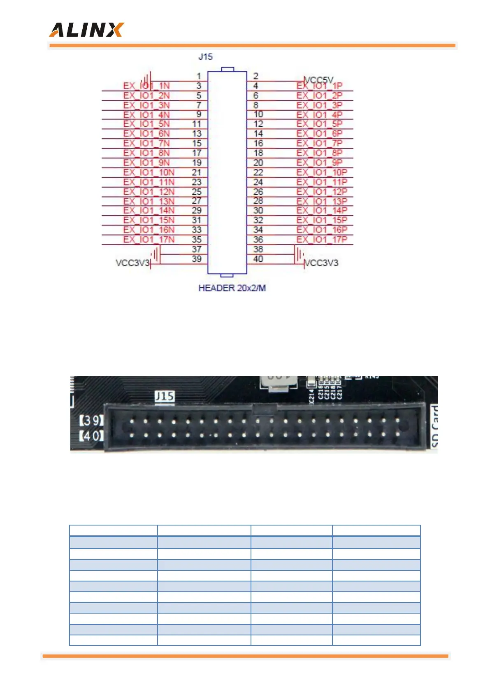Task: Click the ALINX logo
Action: (x=86, y=30)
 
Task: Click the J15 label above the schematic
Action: (x=205, y=57)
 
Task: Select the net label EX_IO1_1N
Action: (x=146, y=86)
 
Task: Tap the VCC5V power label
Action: (x=319, y=79)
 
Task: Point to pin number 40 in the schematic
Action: (x=258, y=259)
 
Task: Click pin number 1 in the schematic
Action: (x=199, y=76)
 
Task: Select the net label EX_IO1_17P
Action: (x=322, y=240)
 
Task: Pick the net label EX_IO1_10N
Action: (x=149, y=172)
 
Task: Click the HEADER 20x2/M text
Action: (x=232, y=288)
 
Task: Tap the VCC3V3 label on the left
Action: (x=132, y=263)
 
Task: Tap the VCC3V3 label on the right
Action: (x=321, y=263)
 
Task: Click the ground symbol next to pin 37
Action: (x=155, y=254)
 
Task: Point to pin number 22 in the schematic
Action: (x=258, y=172)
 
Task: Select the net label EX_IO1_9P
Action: (x=319, y=163)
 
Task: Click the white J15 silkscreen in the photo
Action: (x=165, y=396)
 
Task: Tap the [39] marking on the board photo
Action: (x=91, y=420)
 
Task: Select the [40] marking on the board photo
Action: (x=91, y=435)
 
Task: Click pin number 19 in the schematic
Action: (x=197, y=163)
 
